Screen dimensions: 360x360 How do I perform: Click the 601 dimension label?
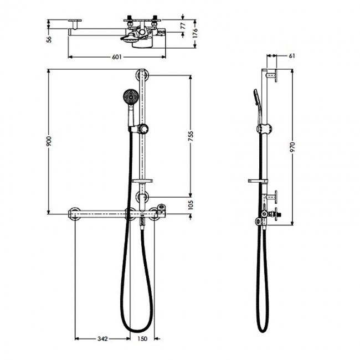(117, 57)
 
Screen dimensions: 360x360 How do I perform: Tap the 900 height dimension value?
(49, 141)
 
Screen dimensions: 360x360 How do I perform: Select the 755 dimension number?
(191, 137)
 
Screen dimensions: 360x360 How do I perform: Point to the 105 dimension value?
(191, 205)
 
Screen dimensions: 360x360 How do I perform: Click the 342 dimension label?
(102, 338)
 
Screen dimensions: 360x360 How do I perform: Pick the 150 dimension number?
(142, 338)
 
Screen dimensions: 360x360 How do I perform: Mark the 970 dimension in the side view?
(292, 147)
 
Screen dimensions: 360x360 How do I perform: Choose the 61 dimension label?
(291, 56)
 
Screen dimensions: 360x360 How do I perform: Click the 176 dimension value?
(195, 33)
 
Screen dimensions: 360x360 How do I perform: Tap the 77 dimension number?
(183, 25)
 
